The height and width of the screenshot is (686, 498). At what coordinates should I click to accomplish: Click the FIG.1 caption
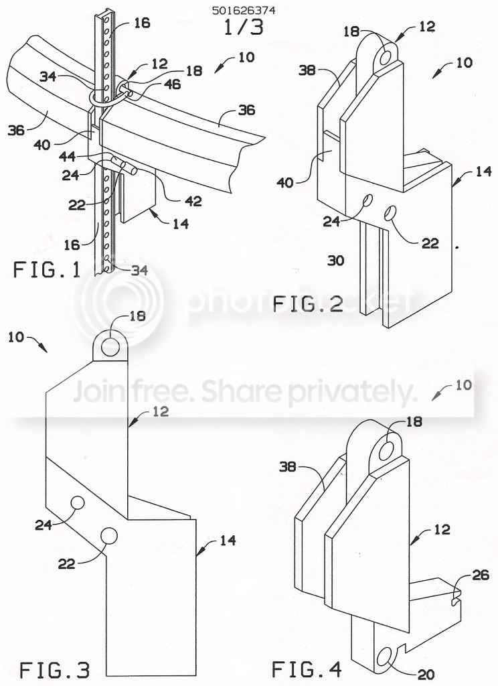[x=48, y=269]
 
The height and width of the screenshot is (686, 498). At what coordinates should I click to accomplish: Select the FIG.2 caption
[x=307, y=304]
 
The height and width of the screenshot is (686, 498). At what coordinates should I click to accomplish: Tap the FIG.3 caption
[x=55, y=670]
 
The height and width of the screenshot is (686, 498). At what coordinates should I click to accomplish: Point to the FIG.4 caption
[x=306, y=669]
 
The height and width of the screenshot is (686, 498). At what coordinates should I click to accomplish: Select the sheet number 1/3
[x=244, y=27]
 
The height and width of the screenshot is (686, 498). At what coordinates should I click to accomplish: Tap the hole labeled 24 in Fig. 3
[x=78, y=502]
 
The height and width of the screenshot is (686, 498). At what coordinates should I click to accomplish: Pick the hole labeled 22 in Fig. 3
[x=108, y=535]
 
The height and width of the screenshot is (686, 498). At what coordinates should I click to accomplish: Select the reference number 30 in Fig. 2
[x=336, y=261]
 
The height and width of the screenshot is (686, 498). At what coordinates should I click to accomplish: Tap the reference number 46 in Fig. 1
[x=173, y=84]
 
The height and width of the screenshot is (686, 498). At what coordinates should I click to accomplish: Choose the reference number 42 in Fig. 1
[x=193, y=201]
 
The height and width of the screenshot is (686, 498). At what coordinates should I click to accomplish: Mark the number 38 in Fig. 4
[x=288, y=467]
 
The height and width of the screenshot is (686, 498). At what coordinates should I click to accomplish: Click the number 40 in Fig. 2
[x=286, y=182]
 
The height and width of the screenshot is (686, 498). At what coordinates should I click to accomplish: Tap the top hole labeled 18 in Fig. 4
[x=386, y=451]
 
